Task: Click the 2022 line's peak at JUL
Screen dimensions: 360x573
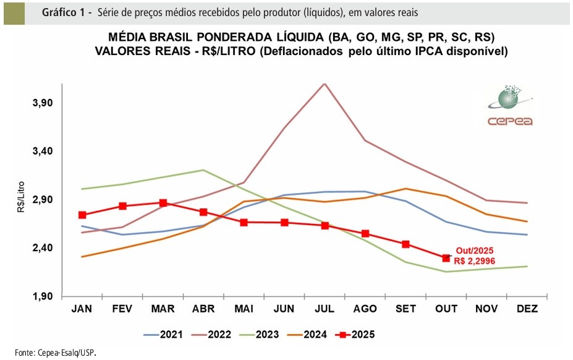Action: (325, 83)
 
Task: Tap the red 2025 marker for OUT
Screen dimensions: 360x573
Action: (446, 258)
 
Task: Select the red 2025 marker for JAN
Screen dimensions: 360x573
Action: (82, 215)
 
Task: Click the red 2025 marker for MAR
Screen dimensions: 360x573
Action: (163, 203)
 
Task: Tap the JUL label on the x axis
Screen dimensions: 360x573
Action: (325, 309)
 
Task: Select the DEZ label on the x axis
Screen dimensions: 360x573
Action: (527, 309)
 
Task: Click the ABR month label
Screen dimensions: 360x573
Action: (203, 309)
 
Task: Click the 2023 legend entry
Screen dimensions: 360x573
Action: (260, 335)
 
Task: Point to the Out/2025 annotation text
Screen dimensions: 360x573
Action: (475, 251)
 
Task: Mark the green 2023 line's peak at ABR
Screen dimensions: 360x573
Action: (203, 169)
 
